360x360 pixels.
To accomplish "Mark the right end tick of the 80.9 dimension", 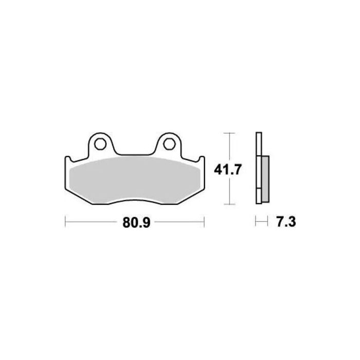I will point(205,222).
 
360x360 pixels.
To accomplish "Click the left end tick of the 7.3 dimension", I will point(256,222).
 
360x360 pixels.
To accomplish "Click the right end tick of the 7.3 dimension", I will point(268,222).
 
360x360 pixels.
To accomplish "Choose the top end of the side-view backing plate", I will point(258,135).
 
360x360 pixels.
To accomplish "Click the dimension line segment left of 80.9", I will point(93,222).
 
